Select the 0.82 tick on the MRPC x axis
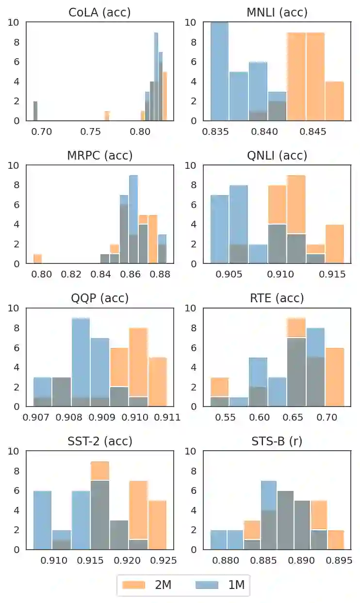71,274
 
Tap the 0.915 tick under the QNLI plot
334,274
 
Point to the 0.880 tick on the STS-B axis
226,560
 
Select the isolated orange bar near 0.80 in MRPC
37,259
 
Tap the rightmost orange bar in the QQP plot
158,381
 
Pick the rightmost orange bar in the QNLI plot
335,244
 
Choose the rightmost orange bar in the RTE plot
335,376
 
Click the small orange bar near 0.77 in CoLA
107,116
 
